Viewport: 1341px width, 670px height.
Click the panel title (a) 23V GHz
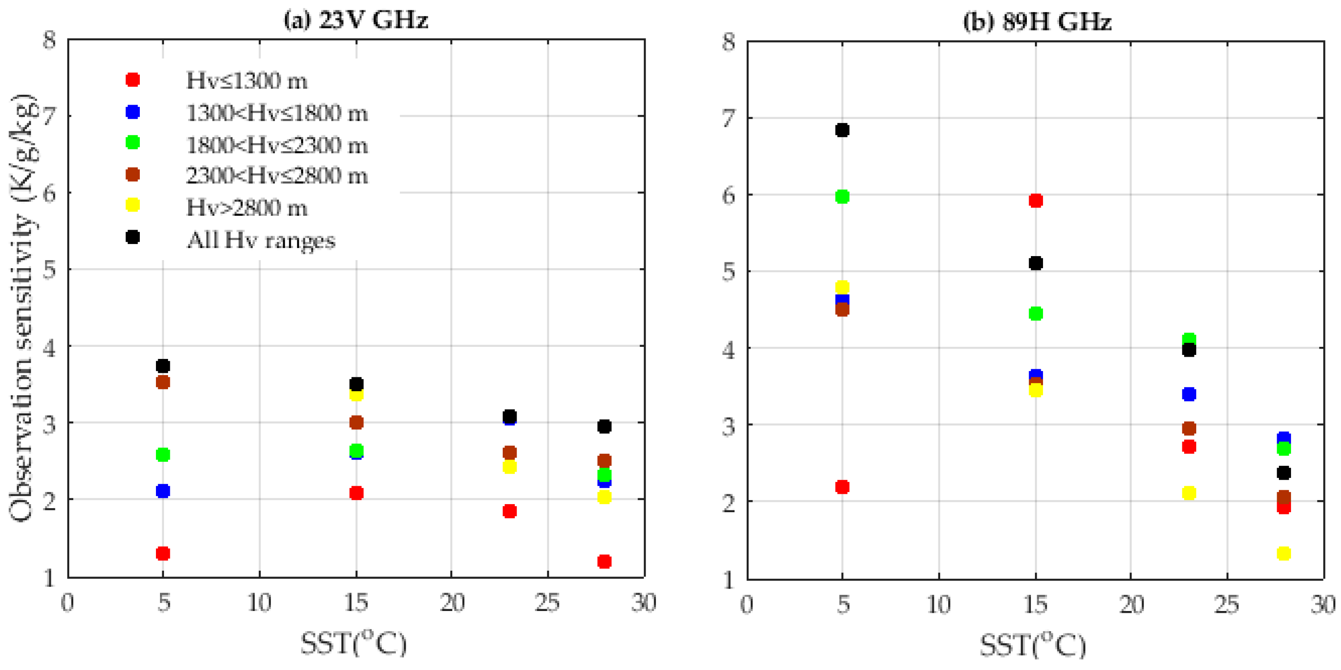click(356, 21)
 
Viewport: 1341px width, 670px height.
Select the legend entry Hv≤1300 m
click(246, 81)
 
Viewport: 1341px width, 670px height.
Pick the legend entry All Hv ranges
click(261, 240)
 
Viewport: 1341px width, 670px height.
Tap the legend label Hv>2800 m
click(246, 208)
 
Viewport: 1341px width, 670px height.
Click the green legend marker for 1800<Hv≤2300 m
click(133, 143)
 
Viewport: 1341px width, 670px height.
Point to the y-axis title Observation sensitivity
click(23, 307)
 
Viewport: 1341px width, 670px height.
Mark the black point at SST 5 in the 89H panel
click(842, 130)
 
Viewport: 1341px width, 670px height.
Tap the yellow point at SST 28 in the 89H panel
click(1284, 553)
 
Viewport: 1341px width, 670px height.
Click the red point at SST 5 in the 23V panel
click(163, 553)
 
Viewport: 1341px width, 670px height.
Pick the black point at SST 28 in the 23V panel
click(604, 426)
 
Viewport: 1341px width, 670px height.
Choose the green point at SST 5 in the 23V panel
click(163, 455)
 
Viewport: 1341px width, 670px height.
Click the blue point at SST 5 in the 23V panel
click(163, 491)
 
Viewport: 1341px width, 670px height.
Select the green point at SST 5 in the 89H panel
click(842, 197)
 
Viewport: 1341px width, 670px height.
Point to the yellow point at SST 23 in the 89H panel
click(1189, 493)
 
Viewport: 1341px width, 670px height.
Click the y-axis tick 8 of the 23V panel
click(50, 40)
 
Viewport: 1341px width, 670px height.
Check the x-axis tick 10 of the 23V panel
click(259, 603)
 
